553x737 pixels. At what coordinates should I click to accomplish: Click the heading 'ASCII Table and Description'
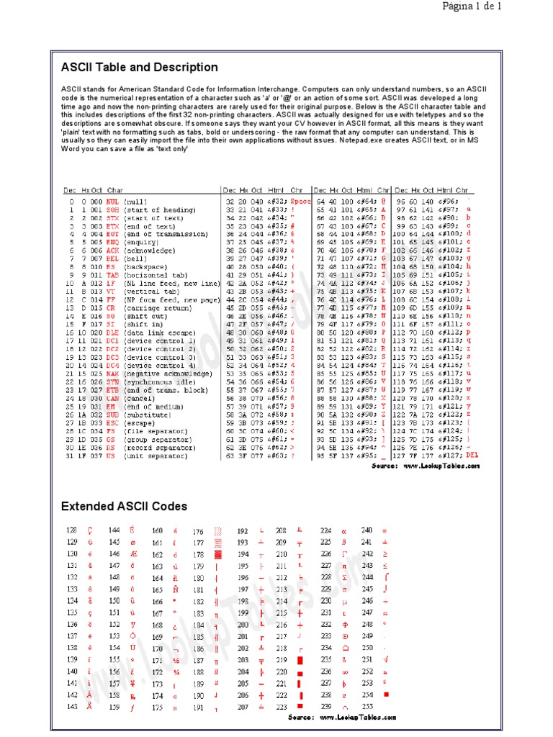[139, 67]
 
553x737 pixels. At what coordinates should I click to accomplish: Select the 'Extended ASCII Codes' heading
[124, 507]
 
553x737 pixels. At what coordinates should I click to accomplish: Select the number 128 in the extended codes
[71, 530]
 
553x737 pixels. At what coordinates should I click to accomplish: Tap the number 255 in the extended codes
[367, 707]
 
